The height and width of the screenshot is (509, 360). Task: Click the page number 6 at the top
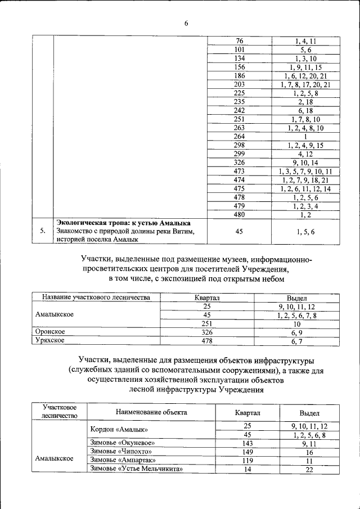click(x=186, y=23)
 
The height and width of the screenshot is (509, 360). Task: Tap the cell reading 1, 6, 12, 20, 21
click(x=305, y=76)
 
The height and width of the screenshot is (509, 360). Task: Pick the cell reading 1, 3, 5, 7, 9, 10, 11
click(x=305, y=171)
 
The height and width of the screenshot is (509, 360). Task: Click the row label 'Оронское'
click(x=50, y=332)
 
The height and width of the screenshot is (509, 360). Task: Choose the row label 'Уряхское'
click(x=50, y=341)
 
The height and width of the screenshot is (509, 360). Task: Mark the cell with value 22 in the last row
click(x=309, y=470)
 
